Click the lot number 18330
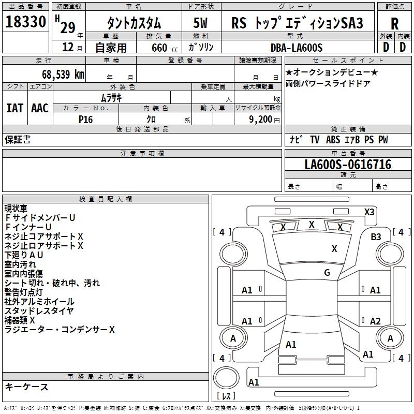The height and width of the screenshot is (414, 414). tap(26, 22)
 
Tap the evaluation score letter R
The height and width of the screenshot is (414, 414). tap(394, 24)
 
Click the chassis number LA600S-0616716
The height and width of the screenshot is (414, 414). tap(348, 165)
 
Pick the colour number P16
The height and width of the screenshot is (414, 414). tap(85, 119)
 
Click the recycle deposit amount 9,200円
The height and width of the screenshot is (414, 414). tap(264, 119)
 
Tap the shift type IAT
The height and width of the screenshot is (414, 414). tap(14, 108)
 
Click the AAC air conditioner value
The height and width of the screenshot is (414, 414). tap(40, 108)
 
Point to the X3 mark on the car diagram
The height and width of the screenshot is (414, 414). tap(369, 212)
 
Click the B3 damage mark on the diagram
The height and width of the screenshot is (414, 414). tap(376, 237)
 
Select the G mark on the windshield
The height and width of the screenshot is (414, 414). tap(327, 273)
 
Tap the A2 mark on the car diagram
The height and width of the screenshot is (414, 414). tap(375, 321)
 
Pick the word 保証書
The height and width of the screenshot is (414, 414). tap(18, 140)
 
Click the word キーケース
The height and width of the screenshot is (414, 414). tap(26, 387)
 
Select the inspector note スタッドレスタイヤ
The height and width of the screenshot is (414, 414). tap(39, 311)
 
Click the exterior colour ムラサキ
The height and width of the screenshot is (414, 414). tap(111, 97)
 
